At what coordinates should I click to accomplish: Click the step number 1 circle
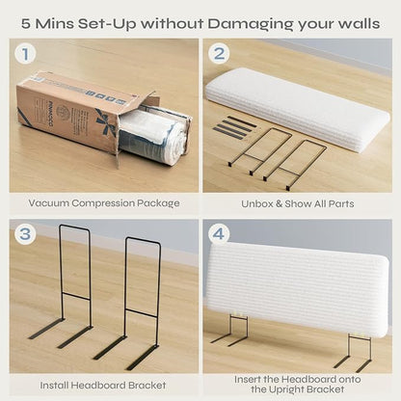(25, 54)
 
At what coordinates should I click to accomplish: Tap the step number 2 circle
(219, 53)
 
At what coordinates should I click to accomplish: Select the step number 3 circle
(25, 234)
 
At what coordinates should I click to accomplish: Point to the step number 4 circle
(219, 234)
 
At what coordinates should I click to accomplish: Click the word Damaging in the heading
(250, 24)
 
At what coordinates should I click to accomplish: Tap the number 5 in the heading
(26, 23)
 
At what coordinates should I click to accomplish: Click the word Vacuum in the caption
(48, 203)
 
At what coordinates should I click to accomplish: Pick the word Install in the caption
(54, 386)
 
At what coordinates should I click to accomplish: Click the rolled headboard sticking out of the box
(154, 136)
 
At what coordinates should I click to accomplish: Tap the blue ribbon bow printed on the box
(106, 121)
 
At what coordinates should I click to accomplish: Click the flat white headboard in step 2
(298, 109)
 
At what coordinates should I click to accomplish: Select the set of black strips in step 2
(234, 127)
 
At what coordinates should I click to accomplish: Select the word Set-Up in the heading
(108, 24)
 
